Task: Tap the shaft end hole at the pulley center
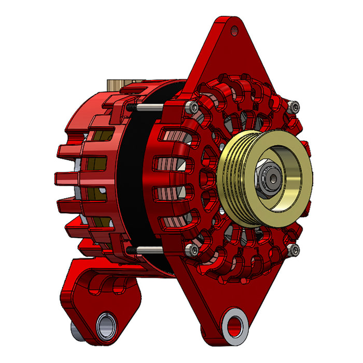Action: click(x=273, y=175)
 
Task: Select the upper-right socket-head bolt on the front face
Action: click(x=295, y=107)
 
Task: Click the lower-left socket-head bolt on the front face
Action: click(x=193, y=250)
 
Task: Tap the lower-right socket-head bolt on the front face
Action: click(x=294, y=250)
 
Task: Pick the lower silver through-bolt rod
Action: click(x=150, y=250)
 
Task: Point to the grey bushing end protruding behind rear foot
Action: click(x=75, y=328)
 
